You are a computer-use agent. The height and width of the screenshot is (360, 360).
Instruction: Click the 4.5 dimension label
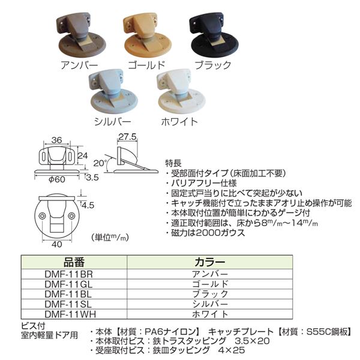click(88, 205)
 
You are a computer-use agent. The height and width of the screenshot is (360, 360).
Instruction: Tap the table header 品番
click(76, 262)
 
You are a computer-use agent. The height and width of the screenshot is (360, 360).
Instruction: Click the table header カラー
click(210, 262)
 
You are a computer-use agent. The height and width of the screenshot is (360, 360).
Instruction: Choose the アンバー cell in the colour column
click(210, 274)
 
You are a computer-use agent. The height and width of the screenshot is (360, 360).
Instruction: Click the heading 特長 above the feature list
click(173, 163)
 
